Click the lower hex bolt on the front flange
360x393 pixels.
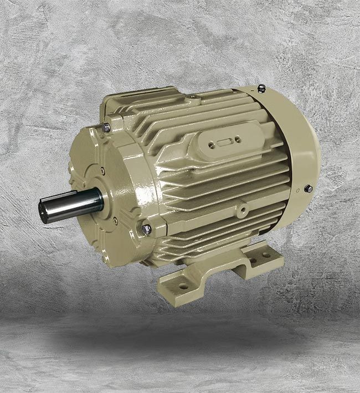(146, 228)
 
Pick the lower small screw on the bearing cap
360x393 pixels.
(114, 220)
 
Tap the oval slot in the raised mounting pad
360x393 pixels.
(224, 142)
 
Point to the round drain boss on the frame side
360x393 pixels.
(242, 211)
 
